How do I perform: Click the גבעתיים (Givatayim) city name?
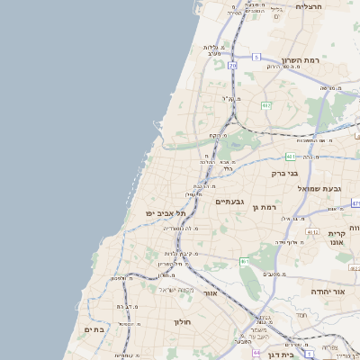[231, 202]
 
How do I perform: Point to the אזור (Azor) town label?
[210, 293]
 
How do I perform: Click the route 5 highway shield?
[256, 57]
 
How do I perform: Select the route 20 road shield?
[232, 66]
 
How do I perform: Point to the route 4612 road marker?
[311, 232]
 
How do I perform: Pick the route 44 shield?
[256, 353]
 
